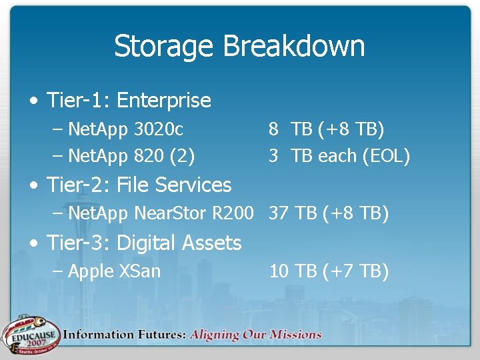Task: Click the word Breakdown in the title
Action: click(294, 47)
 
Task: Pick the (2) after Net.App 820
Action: click(183, 157)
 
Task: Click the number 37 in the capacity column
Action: click(279, 213)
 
